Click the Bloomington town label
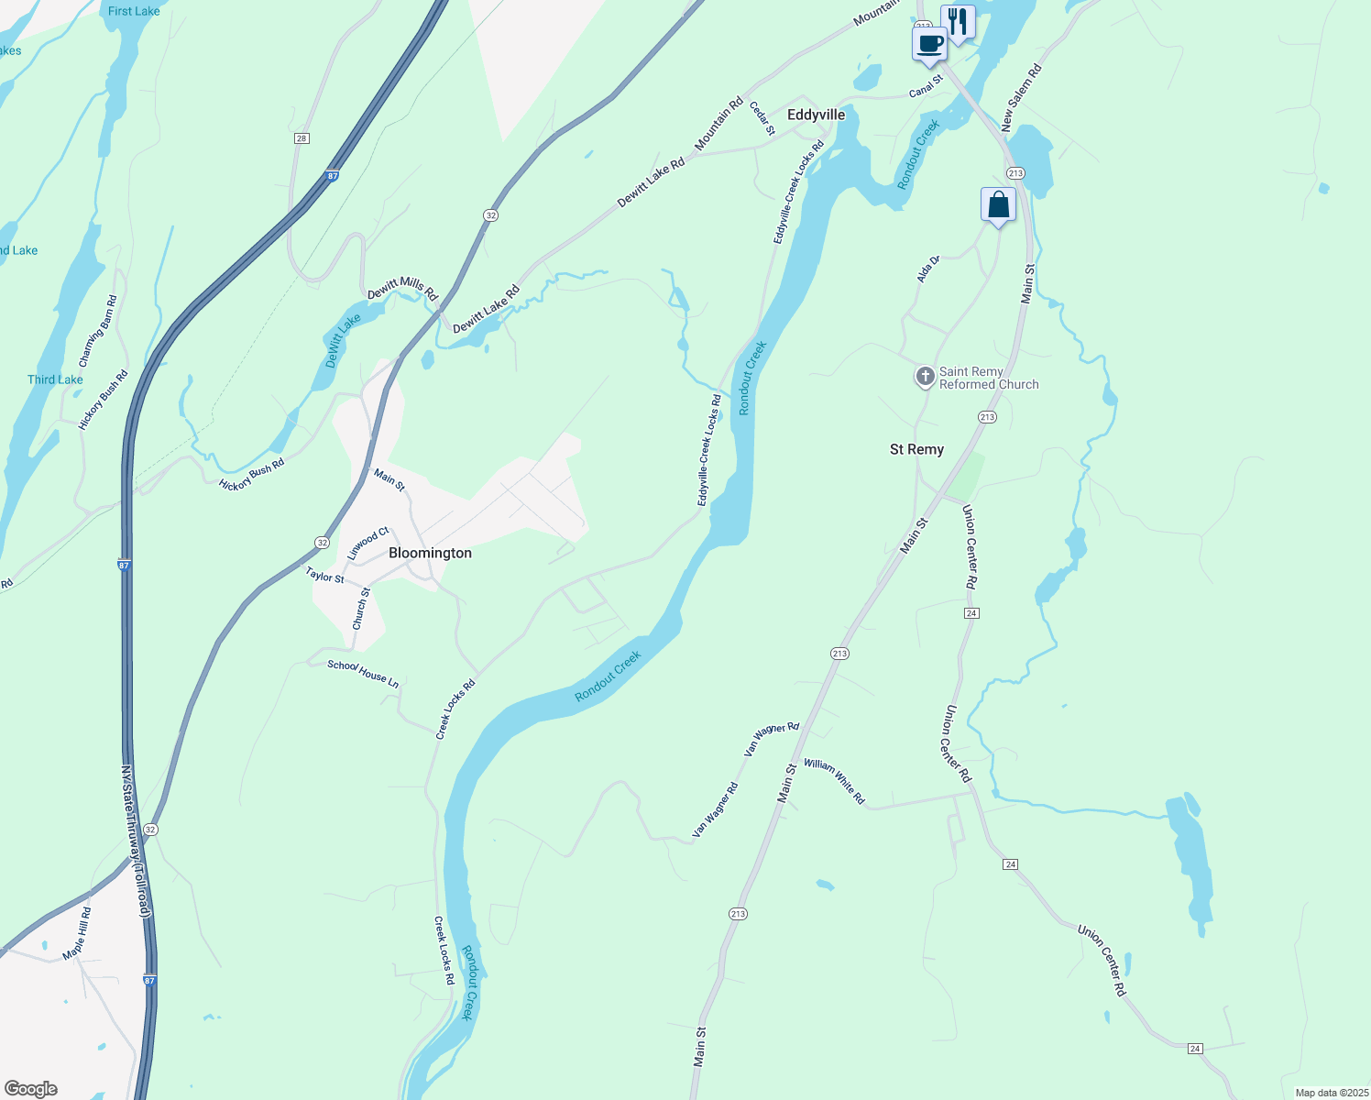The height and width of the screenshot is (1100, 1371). pyautogui.click(x=430, y=553)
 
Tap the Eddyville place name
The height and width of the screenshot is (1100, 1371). pyautogui.click(x=816, y=115)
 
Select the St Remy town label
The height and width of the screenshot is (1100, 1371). pyautogui.click(x=916, y=449)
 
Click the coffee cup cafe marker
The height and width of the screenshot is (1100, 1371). pyautogui.click(x=929, y=44)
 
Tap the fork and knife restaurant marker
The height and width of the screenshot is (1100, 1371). pyautogui.click(x=958, y=21)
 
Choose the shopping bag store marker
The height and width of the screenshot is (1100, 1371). pyautogui.click(x=998, y=205)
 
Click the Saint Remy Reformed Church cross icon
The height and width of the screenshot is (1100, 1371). pyautogui.click(x=926, y=377)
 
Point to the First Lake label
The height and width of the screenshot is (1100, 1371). pyautogui.click(x=134, y=11)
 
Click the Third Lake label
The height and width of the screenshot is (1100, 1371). pyautogui.click(x=55, y=379)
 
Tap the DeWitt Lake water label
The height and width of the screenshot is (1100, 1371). pyautogui.click(x=343, y=341)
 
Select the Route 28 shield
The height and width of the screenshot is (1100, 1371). pyautogui.click(x=302, y=138)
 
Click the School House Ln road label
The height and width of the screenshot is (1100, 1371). pyautogui.click(x=363, y=674)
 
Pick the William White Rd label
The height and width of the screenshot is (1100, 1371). pyautogui.click(x=834, y=780)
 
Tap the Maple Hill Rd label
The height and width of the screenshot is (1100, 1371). pyautogui.click(x=78, y=933)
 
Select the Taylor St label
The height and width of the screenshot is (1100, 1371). pyautogui.click(x=324, y=575)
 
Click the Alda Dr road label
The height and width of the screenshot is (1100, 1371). pyautogui.click(x=928, y=269)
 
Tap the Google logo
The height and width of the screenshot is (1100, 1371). pyautogui.click(x=31, y=1089)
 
